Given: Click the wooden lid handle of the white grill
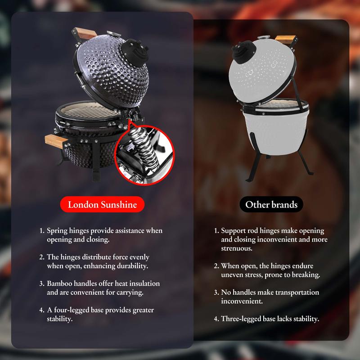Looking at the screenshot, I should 284,39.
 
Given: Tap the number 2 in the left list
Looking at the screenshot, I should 41,257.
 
